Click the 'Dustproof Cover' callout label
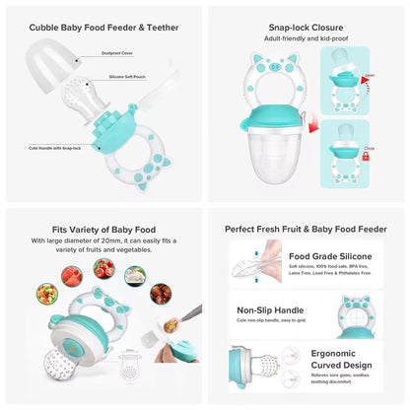[x=116, y=57]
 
